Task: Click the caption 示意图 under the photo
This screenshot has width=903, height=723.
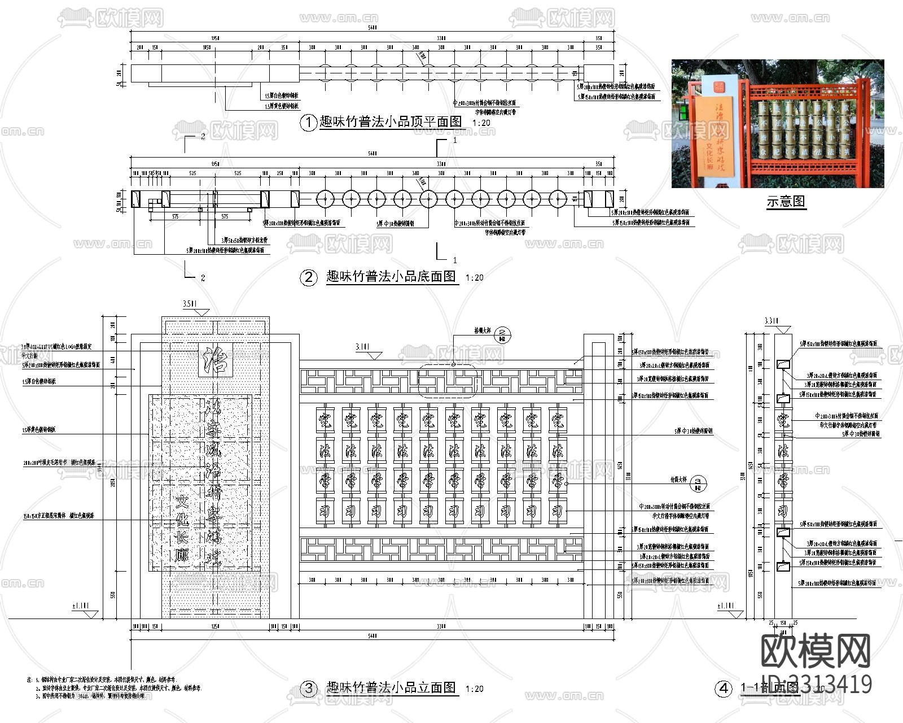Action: click(x=786, y=201)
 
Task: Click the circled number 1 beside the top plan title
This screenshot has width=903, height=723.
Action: click(x=308, y=123)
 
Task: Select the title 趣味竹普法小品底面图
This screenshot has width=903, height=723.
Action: click(x=391, y=277)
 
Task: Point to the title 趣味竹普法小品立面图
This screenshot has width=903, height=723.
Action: click(x=391, y=687)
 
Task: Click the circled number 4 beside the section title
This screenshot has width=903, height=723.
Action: click(x=723, y=689)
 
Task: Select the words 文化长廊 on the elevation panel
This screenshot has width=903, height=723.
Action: click(x=181, y=528)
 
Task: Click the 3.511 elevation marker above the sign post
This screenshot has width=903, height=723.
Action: click(x=190, y=305)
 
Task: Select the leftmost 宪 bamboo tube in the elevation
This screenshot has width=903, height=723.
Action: click(x=325, y=420)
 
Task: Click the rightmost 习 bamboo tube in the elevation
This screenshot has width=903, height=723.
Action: click(x=558, y=511)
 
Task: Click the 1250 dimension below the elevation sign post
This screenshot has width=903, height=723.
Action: click(x=214, y=627)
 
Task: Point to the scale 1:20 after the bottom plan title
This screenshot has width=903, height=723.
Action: click(x=474, y=278)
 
